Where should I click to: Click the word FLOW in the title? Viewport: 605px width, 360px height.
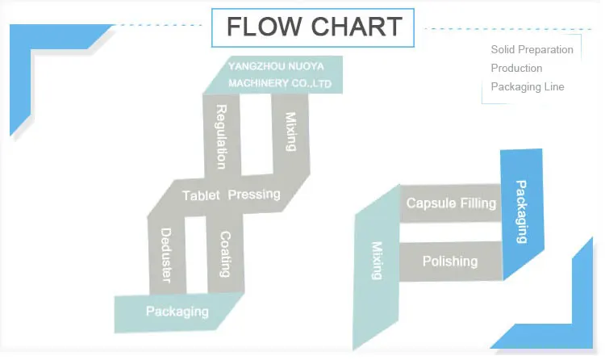point(263,27)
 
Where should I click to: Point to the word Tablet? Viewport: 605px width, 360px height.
point(201,195)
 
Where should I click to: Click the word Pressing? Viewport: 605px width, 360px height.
point(254,195)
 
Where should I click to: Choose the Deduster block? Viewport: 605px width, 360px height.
point(166,254)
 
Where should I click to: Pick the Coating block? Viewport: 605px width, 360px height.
point(226,254)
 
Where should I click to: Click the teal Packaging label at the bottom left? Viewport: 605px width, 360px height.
point(177,312)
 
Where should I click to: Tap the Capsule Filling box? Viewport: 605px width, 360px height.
point(451,203)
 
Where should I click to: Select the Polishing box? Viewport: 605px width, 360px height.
point(450,262)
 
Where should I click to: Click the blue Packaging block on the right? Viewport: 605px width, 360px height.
point(521,211)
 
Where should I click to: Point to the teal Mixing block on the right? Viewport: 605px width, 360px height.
point(376,260)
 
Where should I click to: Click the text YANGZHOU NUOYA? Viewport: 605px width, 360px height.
point(275,67)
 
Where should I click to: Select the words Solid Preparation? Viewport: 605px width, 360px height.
point(532,49)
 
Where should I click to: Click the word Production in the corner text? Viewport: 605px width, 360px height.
point(516,68)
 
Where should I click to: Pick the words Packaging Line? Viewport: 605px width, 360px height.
point(527,86)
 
